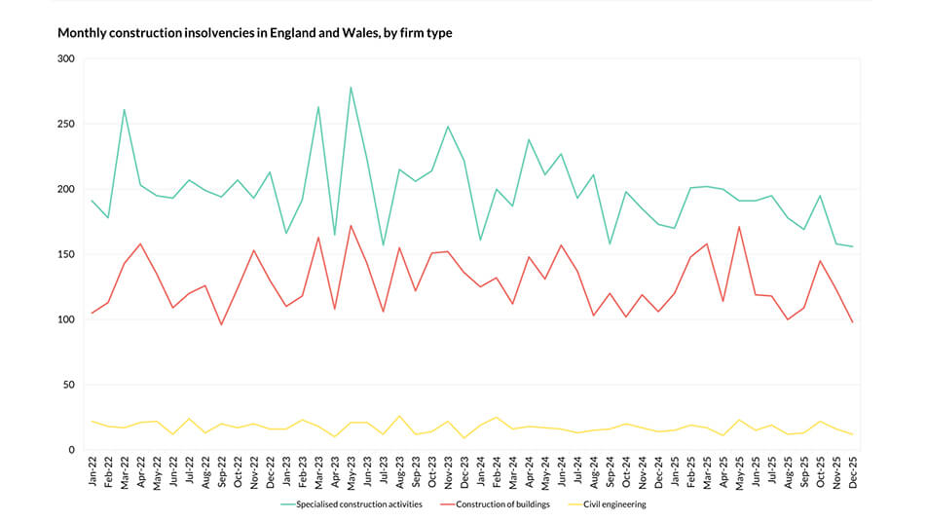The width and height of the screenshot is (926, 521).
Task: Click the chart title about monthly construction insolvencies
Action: tap(254, 33)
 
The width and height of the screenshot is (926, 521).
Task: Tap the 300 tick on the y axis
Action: tap(65, 58)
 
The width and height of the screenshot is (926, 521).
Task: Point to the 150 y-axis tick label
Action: tap(65, 254)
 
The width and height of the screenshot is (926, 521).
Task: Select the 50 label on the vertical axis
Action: tap(68, 385)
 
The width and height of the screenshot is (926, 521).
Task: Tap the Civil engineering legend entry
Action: tap(615, 504)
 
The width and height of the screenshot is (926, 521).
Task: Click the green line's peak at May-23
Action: tap(351, 87)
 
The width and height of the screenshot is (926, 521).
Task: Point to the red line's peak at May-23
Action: tap(351, 225)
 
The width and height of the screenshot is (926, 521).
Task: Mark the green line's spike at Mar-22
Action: tap(124, 109)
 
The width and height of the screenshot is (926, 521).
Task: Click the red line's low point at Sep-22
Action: tap(221, 324)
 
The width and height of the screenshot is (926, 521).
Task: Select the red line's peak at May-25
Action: tap(739, 226)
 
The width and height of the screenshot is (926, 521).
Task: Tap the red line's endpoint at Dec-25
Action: tap(853, 322)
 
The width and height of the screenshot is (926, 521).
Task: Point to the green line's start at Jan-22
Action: tap(92, 201)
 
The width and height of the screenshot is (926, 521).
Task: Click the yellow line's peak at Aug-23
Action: tap(399, 416)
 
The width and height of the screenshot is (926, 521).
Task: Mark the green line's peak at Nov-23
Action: tap(448, 126)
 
